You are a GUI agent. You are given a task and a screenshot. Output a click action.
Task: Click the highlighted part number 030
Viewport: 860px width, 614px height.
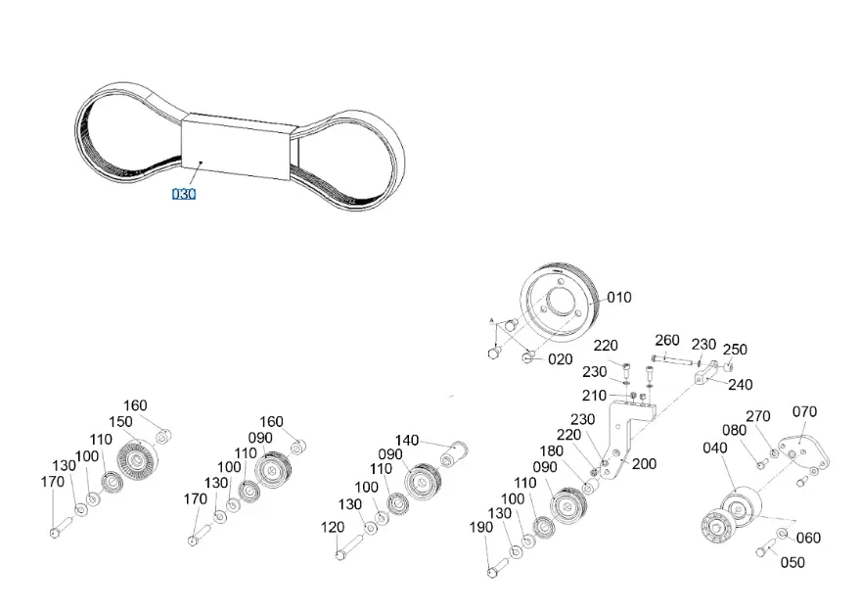click(184, 194)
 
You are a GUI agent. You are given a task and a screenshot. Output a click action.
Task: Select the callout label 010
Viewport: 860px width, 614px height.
click(619, 298)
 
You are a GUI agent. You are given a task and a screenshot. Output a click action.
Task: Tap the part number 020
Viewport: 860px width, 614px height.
click(560, 359)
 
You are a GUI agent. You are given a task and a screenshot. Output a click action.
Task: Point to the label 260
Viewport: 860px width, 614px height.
click(667, 340)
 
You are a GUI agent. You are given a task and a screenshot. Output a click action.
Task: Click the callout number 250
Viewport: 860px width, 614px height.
click(735, 350)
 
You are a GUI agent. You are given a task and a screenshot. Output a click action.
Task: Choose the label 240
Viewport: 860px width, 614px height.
click(741, 385)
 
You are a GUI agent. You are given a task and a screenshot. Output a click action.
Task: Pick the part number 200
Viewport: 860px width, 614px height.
click(644, 464)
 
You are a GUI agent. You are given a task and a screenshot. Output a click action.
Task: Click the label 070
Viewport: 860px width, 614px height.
click(804, 412)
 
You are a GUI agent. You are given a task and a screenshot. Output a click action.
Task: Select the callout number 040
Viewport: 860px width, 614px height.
click(715, 448)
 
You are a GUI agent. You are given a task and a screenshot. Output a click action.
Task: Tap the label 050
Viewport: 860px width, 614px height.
click(792, 562)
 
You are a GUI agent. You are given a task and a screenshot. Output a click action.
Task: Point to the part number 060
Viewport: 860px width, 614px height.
click(808, 538)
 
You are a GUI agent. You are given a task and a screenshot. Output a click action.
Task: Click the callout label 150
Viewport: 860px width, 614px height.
click(120, 422)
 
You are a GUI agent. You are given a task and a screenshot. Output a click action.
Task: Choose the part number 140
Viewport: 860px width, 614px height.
click(407, 440)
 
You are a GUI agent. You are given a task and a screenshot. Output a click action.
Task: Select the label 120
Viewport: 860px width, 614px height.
click(332, 527)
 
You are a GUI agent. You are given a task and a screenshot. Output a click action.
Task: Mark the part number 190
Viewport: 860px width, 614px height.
click(481, 528)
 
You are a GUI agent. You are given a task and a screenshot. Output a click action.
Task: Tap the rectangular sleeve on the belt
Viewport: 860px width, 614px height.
click(240, 146)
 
